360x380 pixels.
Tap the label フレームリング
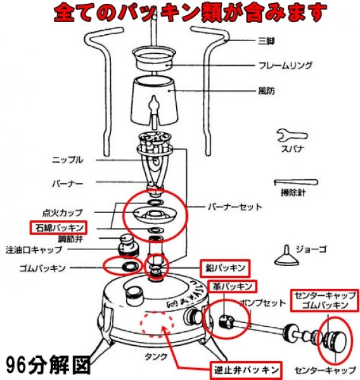pyautogui.click(x=283, y=65)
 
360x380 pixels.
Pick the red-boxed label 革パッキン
pyautogui.click(x=233, y=287)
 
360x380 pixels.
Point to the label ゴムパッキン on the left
pyautogui.click(x=42, y=269)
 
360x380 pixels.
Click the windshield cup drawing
pyautogui.click(x=156, y=99)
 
